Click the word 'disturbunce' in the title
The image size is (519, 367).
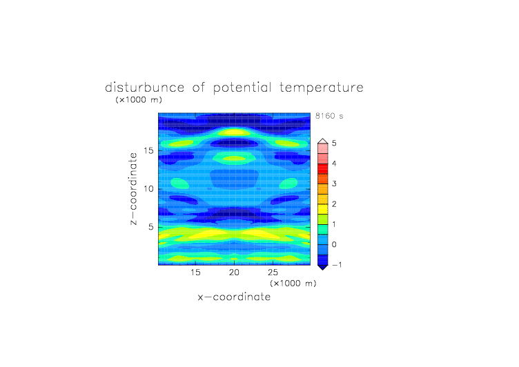pos(145,88)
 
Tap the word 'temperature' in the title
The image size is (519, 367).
pos(322,88)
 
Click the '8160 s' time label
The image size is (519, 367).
pos(329,116)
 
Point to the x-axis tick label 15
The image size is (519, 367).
pos(195,272)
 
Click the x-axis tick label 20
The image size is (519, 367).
pos(234,272)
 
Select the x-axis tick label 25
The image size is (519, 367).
pos(273,272)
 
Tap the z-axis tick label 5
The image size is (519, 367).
pos(151,227)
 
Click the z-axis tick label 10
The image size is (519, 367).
pos(148,189)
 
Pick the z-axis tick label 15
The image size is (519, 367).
pos(148,150)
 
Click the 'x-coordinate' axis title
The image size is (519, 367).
pos(234,297)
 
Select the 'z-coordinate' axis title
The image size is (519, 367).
pos(133,189)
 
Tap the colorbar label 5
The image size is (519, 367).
pos(334,143)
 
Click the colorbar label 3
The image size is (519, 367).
pos(334,183)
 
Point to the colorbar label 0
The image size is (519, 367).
pos(334,245)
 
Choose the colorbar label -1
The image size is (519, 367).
pos(337,265)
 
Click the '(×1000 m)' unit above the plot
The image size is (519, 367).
pos(139,100)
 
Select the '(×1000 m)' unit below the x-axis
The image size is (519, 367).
pos(293,284)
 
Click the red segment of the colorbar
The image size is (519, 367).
pos(323,169)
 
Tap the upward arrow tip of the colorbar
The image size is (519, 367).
pos(323,139)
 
